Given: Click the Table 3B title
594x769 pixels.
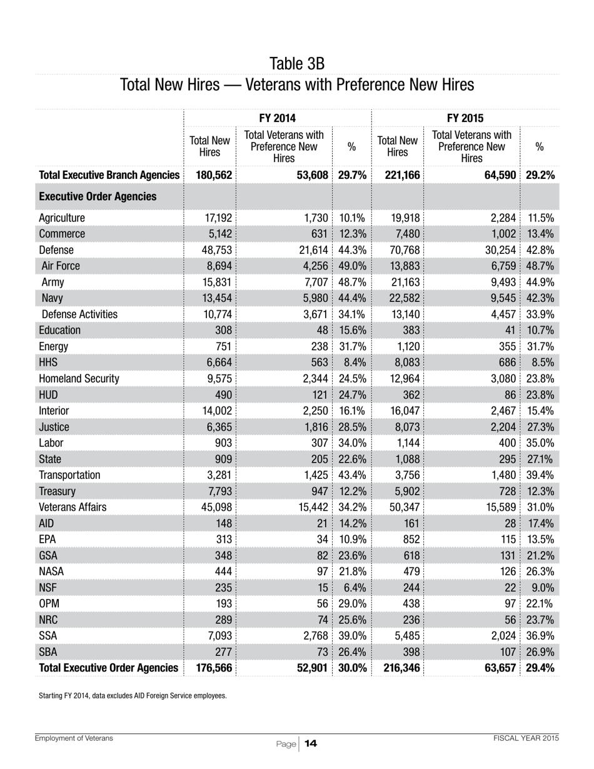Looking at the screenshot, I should [296, 64].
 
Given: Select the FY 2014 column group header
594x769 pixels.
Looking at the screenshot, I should [278, 118].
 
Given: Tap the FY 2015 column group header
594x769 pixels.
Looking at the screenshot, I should [465, 118].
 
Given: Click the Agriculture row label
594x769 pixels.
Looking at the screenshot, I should [61, 218].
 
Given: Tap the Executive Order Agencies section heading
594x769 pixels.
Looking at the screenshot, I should [98, 197].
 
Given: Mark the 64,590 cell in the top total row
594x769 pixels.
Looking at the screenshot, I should [498, 176].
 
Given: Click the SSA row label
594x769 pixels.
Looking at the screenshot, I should [48, 635].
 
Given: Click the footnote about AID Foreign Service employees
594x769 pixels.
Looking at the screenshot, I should [133, 695].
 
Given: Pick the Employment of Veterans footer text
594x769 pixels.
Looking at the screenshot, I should [74, 738].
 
